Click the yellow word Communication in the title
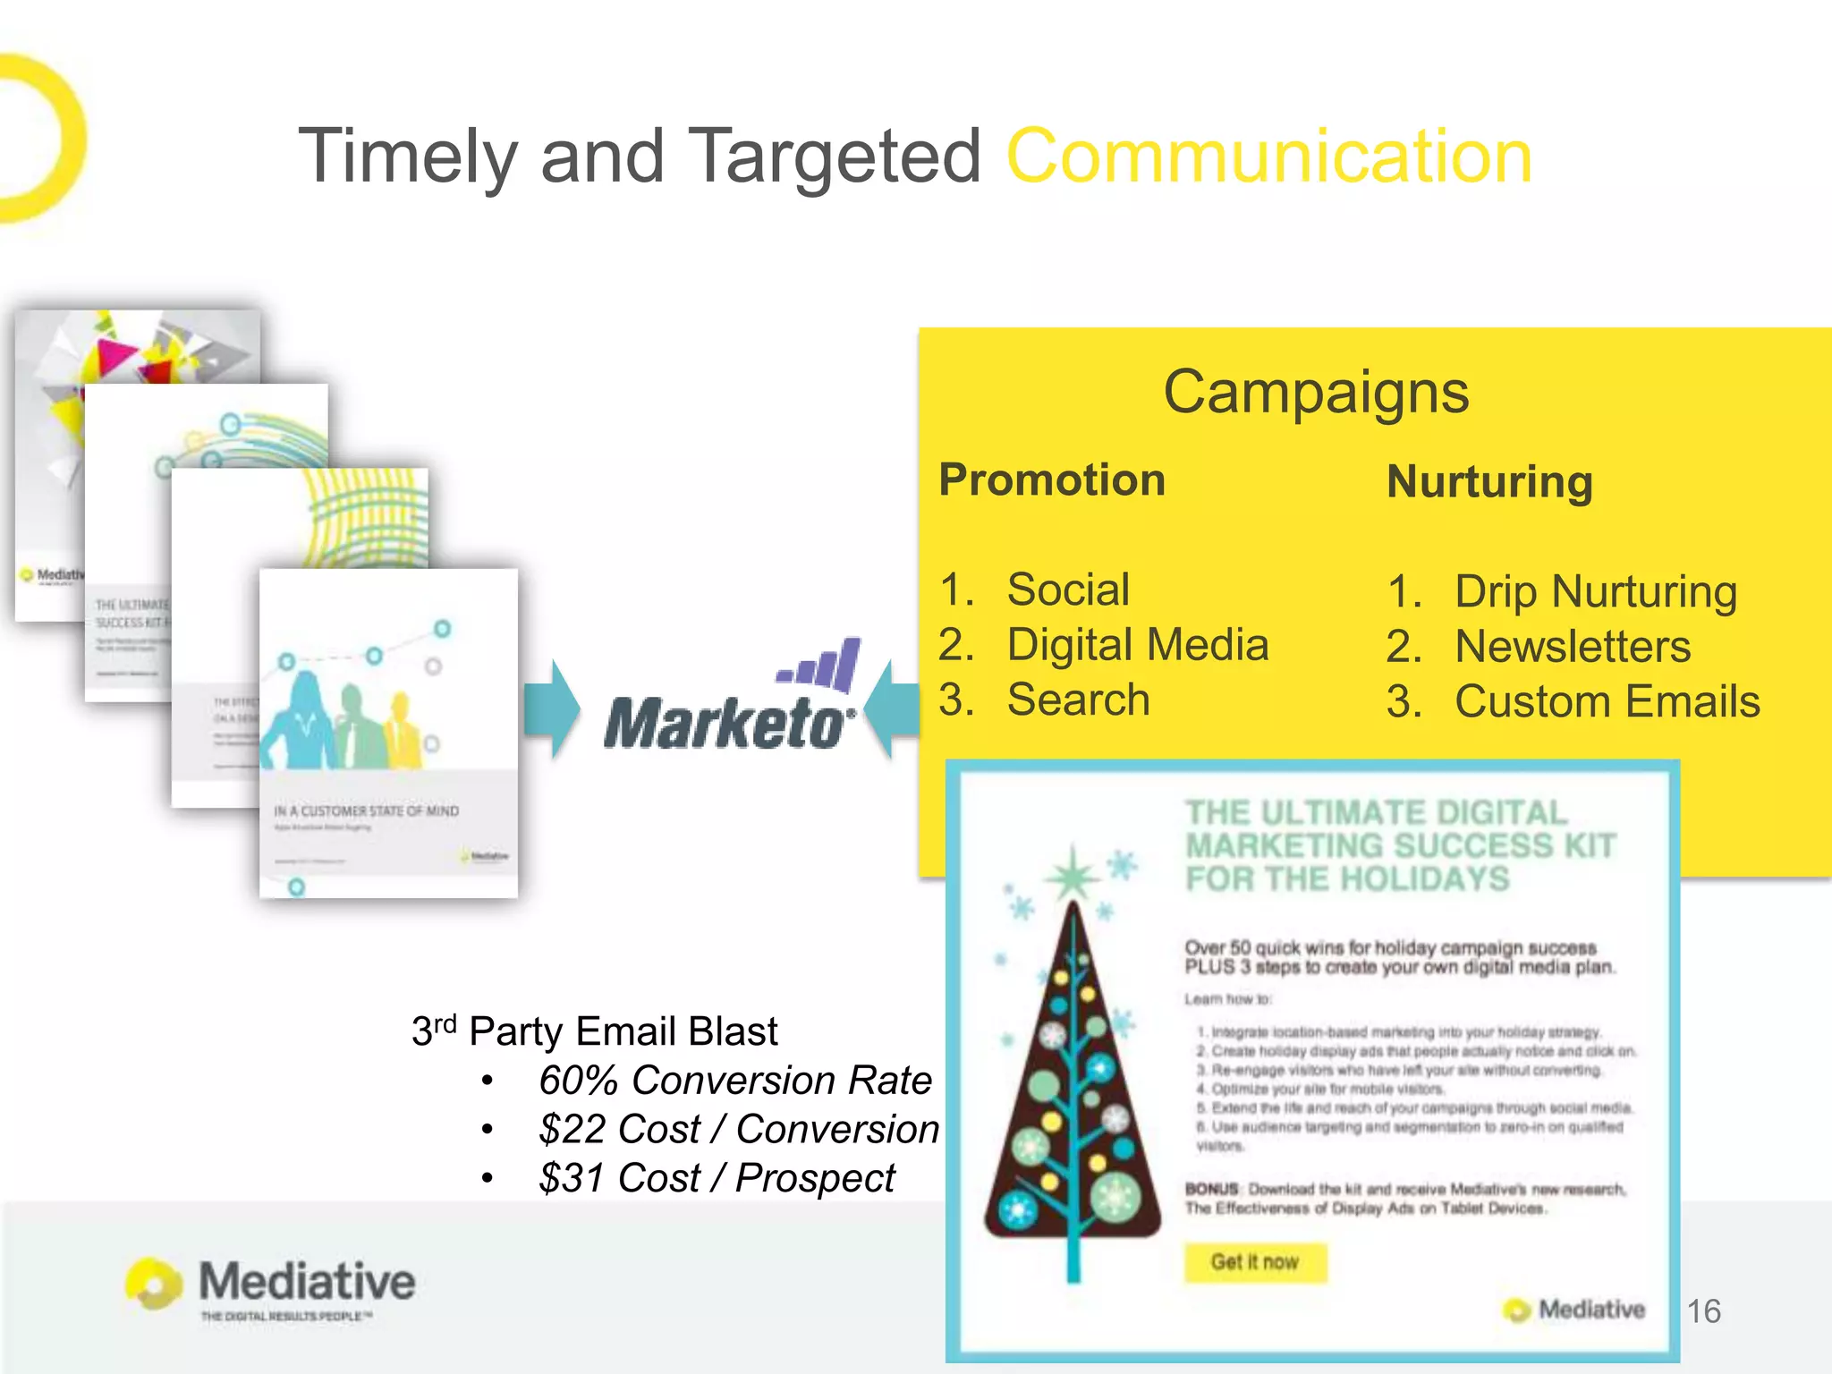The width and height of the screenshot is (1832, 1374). coord(1269,157)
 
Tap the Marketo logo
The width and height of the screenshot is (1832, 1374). coord(730,702)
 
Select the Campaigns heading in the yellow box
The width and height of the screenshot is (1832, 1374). coord(1316,393)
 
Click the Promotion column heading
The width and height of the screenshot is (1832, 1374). coord(1052,480)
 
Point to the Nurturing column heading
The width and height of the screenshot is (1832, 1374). coord(1489,482)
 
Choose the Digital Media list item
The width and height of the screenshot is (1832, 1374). coord(1137,645)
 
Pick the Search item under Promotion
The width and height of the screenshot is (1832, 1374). coord(1078,700)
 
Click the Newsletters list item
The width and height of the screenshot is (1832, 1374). coord(1573,647)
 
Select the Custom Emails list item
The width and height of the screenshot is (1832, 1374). coord(1607,702)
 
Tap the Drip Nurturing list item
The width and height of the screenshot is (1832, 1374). coord(1595,592)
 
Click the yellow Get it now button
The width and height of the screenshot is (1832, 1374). coord(1255,1262)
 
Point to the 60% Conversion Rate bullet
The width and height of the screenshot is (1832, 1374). coord(734,1081)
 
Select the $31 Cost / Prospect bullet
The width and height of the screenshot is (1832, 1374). coord(716,1178)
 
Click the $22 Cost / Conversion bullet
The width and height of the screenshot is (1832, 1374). coord(738,1130)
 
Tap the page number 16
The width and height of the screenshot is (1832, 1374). coord(1703,1311)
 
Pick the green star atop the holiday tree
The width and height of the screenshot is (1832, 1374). coord(1073,877)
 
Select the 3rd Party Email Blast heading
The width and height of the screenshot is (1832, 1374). coord(594,1031)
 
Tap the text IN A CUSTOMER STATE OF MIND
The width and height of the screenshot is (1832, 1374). coord(366,811)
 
